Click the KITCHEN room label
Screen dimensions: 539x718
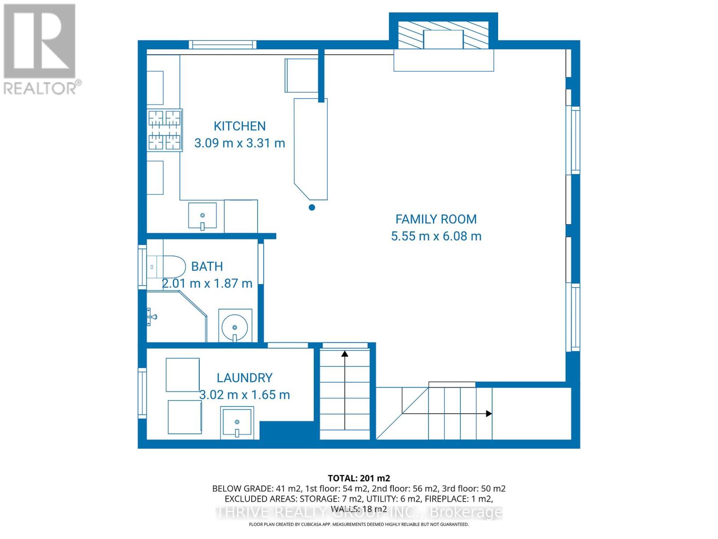tap(239, 126)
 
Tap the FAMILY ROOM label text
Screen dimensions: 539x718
tap(436, 219)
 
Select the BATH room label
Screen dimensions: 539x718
tap(207, 266)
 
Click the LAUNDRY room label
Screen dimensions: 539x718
tap(245, 378)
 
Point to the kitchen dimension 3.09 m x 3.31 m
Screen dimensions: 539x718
tap(239, 143)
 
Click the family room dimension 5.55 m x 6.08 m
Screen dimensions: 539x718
tap(436, 236)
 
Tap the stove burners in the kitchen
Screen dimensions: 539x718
tap(165, 130)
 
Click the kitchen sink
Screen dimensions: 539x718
tap(202, 216)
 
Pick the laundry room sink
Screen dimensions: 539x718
tap(237, 423)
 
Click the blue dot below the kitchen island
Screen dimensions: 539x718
tap(312, 208)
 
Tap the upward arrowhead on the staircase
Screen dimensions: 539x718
tap(345, 354)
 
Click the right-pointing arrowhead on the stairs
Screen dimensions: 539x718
tap(489, 414)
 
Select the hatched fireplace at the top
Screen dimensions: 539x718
tap(443, 35)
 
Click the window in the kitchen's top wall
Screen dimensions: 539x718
tap(222, 44)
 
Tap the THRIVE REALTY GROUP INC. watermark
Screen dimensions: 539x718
tap(359, 512)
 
